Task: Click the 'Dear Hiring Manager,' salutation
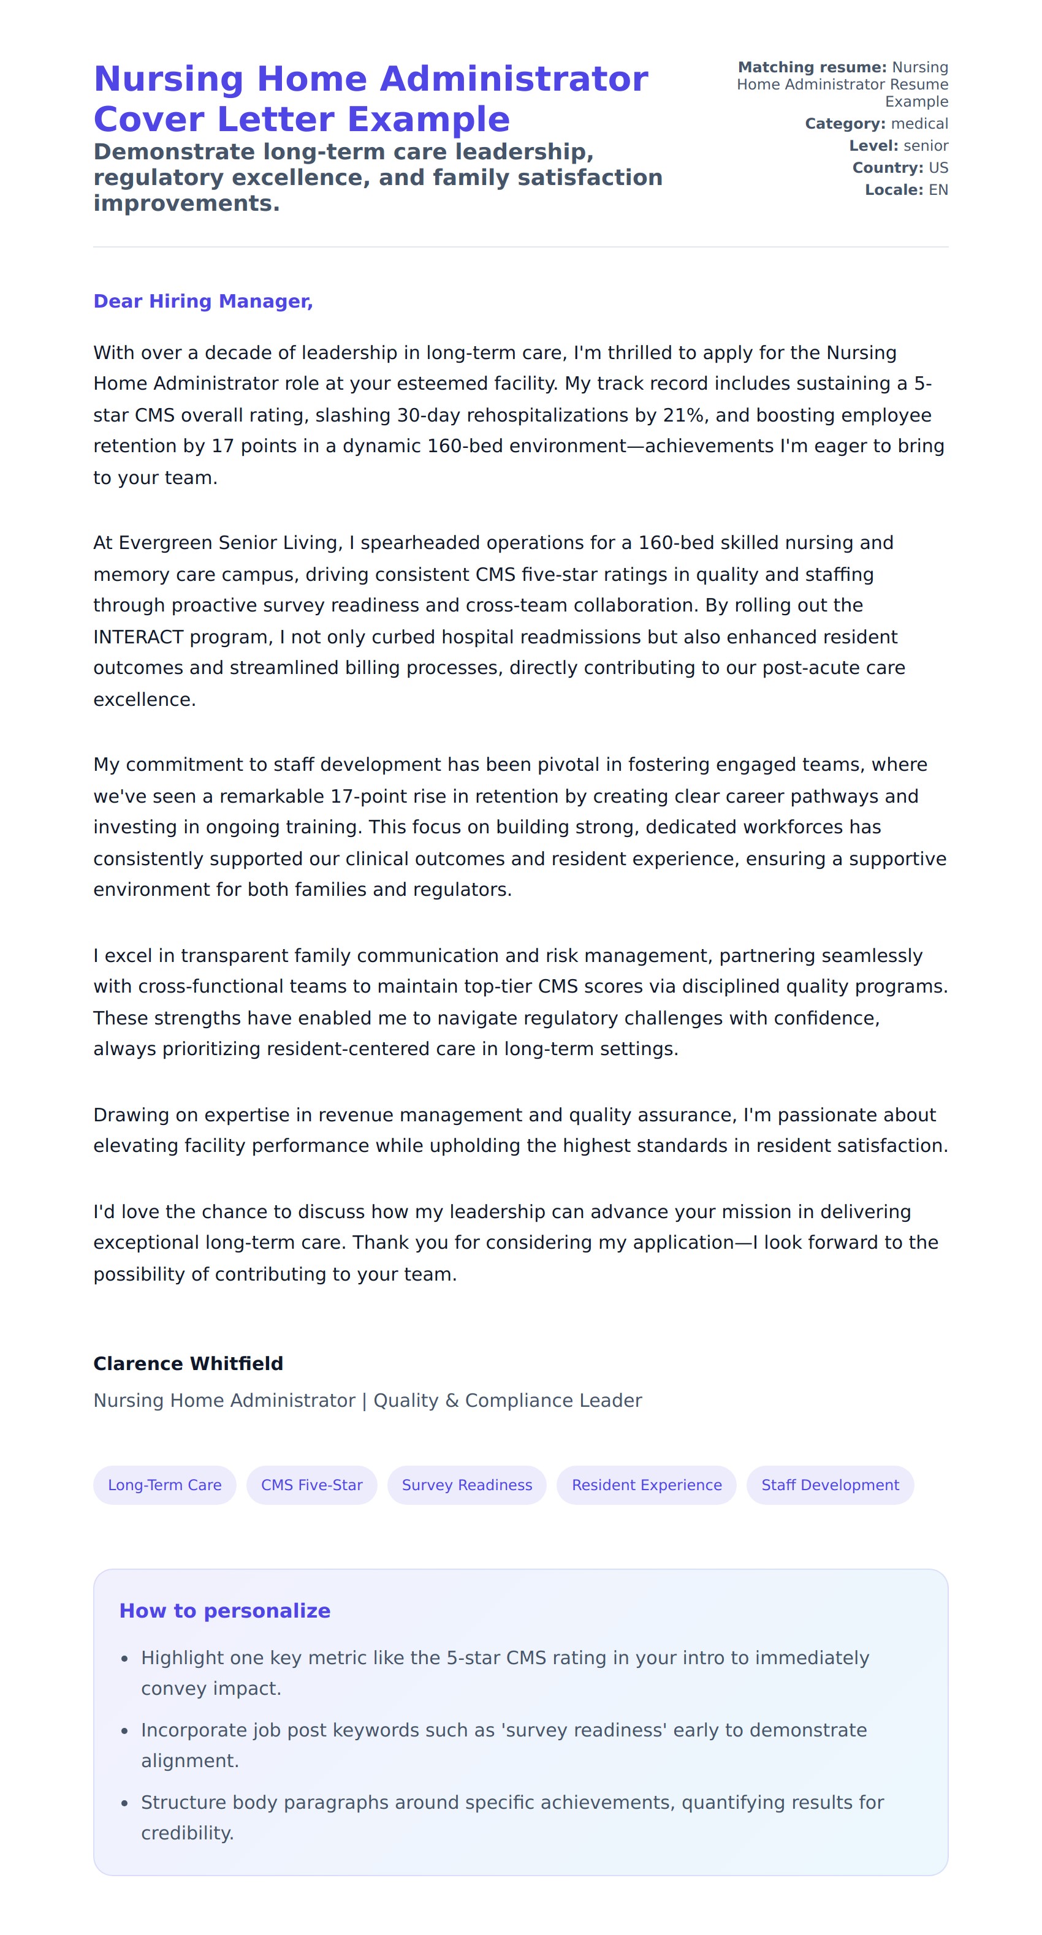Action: point(203,301)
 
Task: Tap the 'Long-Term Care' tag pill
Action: point(164,1485)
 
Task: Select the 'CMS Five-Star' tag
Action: point(312,1485)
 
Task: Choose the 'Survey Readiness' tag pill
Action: point(466,1485)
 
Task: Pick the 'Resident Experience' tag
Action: point(646,1485)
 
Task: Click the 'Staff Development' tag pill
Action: point(830,1485)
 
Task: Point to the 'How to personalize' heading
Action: point(224,1610)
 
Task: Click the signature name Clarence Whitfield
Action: point(188,1363)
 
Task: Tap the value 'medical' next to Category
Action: point(919,124)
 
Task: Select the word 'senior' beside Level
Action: point(926,146)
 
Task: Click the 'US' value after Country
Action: point(938,167)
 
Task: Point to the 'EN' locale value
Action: point(938,190)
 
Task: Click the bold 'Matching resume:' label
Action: point(812,67)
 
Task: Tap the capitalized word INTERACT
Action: point(139,637)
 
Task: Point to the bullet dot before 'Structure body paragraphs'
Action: point(124,1803)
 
